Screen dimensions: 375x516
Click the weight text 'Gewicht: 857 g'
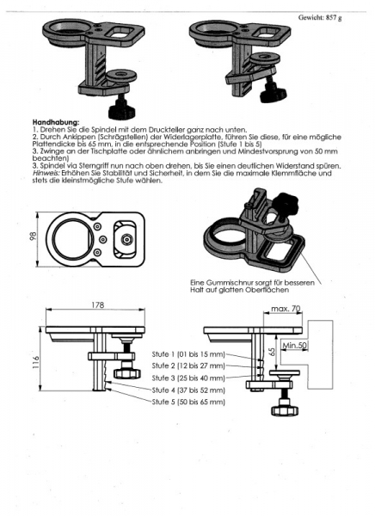[320, 17]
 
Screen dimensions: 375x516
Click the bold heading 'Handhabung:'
[56, 123]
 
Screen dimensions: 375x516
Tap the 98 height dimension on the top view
[34, 236]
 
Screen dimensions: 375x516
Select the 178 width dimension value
[98, 305]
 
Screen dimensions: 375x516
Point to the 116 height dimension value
[36, 362]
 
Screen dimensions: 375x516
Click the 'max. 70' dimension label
[286, 309]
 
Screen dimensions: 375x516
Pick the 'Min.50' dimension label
[294, 345]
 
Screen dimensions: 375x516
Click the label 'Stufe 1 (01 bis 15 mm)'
[188, 354]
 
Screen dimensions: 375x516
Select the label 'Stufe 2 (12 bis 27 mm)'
[188, 366]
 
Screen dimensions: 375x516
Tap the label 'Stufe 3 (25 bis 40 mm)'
[188, 378]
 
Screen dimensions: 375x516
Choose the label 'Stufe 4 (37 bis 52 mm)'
[188, 390]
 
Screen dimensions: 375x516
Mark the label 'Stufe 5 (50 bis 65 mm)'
[188, 402]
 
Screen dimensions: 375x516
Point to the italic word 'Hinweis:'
[42, 173]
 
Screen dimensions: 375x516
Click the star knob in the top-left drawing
[122, 110]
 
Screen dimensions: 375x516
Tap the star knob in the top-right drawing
[273, 94]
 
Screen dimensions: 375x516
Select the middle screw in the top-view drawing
[103, 239]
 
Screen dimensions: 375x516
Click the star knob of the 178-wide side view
[127, 373]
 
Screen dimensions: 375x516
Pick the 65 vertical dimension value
[272, 352]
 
